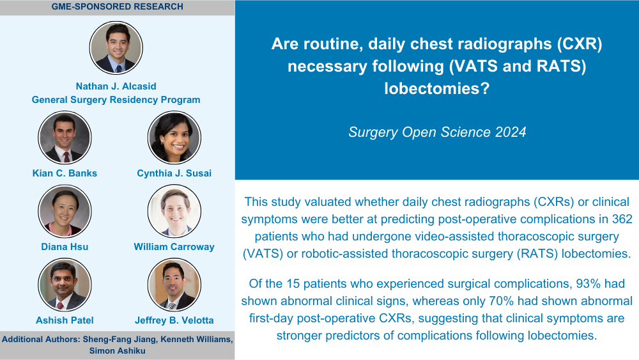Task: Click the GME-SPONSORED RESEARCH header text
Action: (118, 6)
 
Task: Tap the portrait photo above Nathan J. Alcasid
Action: (116, 48)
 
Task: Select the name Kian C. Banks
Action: (65, 173)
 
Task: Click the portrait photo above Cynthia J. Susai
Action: (174, 137)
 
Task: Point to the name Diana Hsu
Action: (65, 247)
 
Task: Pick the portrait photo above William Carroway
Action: (174, 211)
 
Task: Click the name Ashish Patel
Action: (65, 320)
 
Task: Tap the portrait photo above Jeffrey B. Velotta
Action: (174, 285)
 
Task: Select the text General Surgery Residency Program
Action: (116, 100)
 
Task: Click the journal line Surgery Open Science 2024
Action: (437, 132)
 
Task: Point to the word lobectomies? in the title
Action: (437, 88)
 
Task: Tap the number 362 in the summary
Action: (622, 219)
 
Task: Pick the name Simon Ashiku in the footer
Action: (118, 350)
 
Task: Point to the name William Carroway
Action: (174, 247)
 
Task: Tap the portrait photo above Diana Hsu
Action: (65, 211)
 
